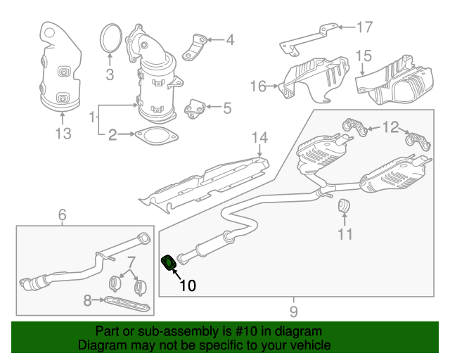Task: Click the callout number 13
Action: coord(63,133)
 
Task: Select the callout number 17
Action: coord(363,28)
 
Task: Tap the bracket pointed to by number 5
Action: coord(194,108)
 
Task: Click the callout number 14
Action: coord(260,137)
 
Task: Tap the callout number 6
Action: coord(62,214)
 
